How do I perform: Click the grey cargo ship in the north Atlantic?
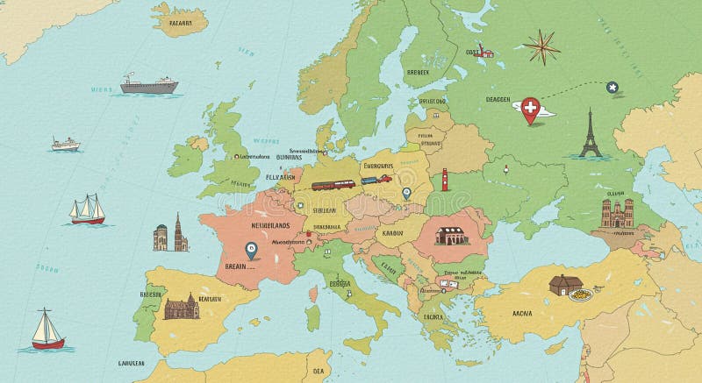(149, 85)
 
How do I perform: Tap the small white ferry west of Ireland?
(65, 144)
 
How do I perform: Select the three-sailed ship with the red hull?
(88, 209)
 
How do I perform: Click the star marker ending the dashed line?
(612, 86)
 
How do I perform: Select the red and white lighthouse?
(446, 180)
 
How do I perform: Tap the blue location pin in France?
(252, 250)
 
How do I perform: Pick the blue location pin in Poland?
(405, 195)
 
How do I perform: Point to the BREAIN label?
(236, 264)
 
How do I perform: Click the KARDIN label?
(391, 234)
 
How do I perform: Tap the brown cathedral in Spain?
(182, 305)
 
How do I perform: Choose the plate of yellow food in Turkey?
(580, 295)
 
